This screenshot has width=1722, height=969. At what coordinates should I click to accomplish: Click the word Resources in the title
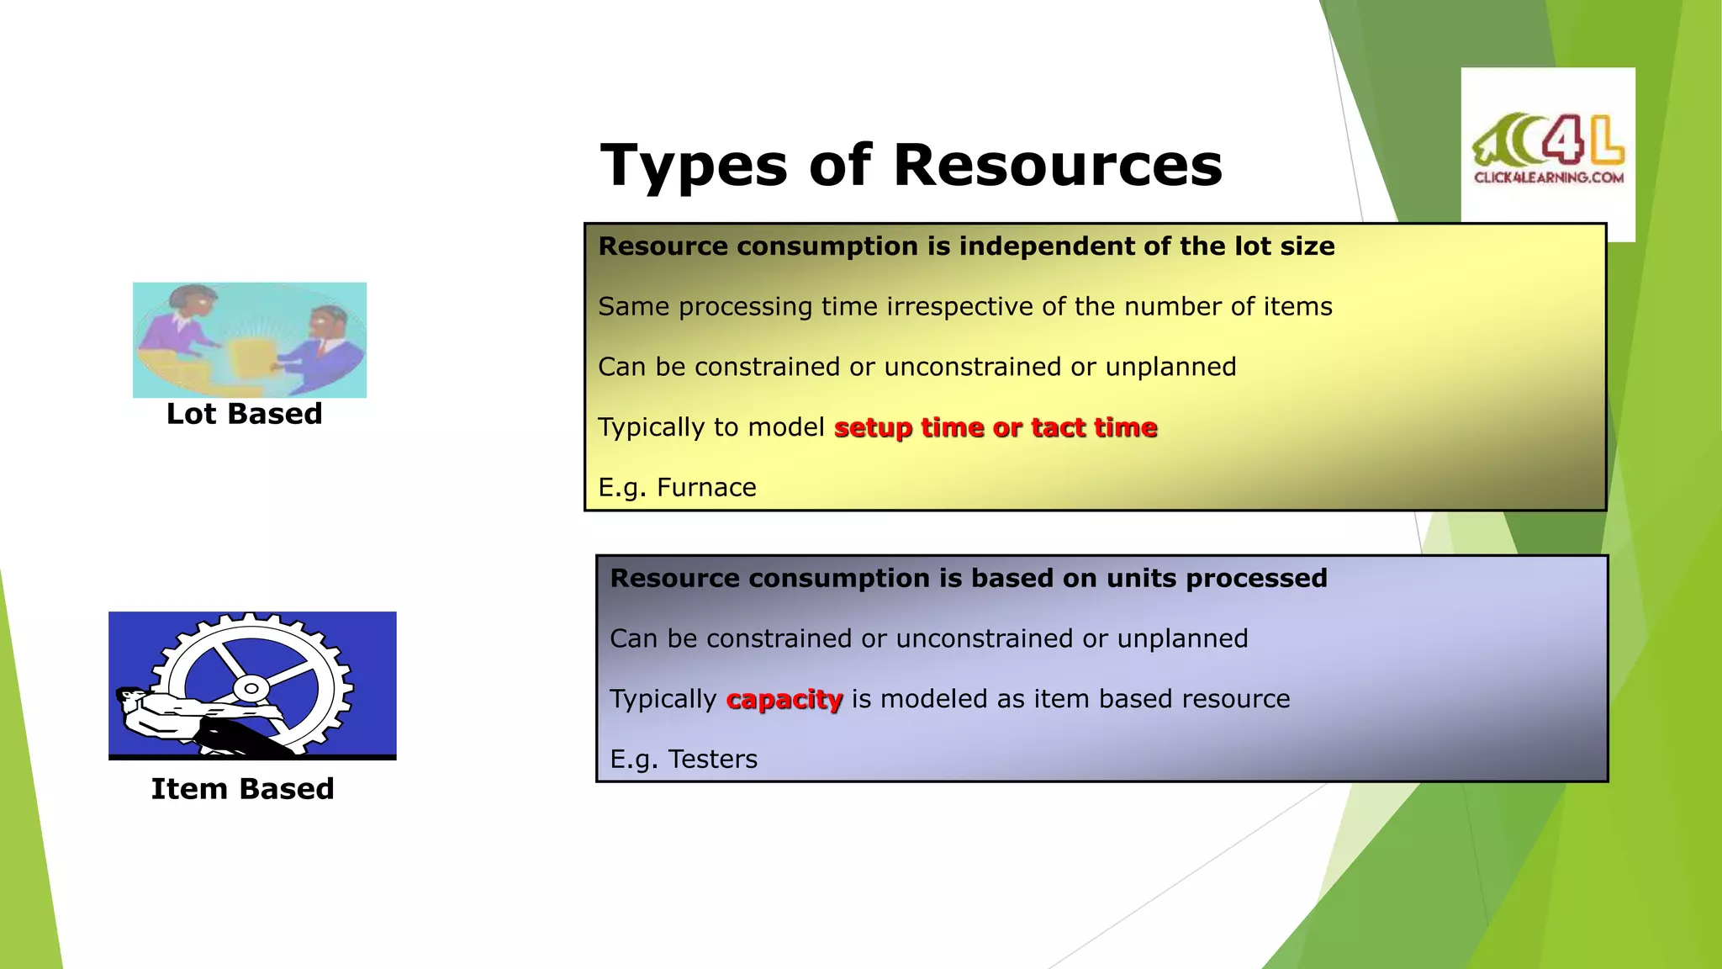[x=1057, y=165]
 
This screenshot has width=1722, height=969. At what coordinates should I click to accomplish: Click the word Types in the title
[x=695, y=167]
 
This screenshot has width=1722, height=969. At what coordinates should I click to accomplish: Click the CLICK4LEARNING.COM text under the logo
[x=1548, y=177]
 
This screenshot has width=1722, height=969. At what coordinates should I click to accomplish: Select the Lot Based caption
[x=244, y=414]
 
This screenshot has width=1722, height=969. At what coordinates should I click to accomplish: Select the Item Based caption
[x=242, y=789]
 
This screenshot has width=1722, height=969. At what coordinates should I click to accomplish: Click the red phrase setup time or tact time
[x=996, y=427]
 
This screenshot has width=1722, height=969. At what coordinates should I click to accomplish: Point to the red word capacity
[x=784, y=699]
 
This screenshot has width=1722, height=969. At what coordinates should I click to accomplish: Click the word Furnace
[x=706, y=488]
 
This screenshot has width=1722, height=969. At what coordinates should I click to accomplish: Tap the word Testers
[x=712, y=760]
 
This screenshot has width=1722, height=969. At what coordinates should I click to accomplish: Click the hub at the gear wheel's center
[x=251, y=688]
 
